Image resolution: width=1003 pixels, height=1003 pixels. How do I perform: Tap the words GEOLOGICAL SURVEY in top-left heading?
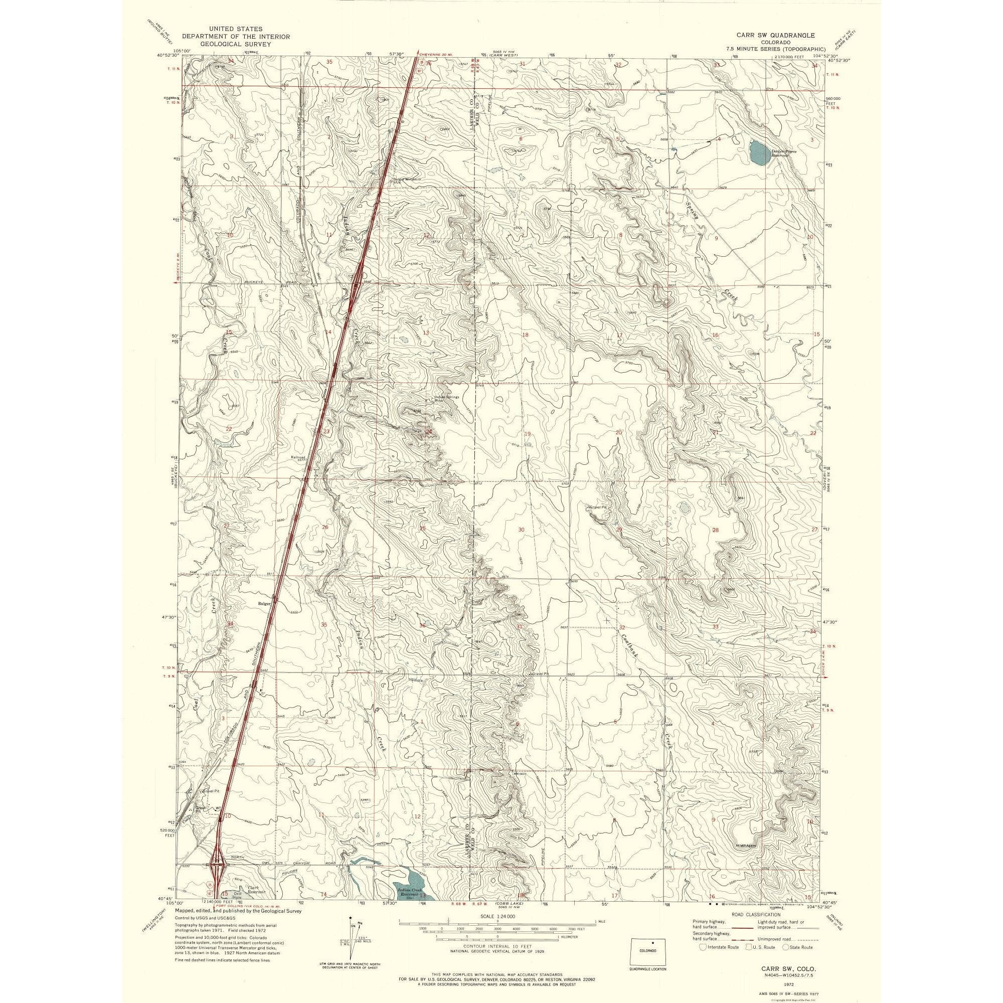point(236,45)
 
